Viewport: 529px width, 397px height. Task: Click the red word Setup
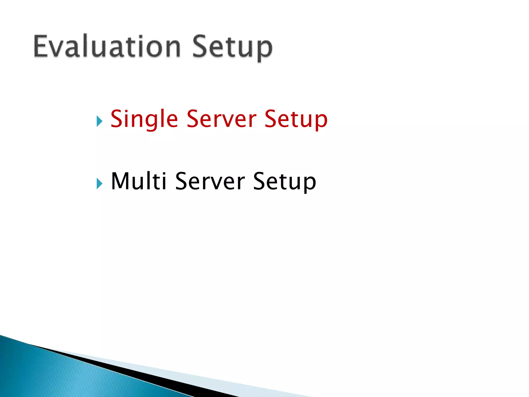point(296,119)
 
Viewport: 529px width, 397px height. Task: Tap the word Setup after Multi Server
point(284,182)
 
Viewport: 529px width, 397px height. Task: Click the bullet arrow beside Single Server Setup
point(99,121)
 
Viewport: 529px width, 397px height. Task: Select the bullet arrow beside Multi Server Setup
point(99,184)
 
